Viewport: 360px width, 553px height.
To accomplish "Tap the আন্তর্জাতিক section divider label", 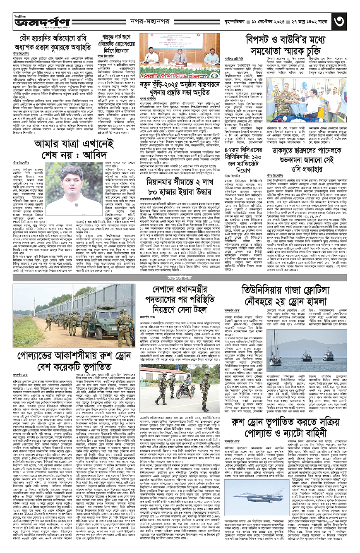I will point(180,276).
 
